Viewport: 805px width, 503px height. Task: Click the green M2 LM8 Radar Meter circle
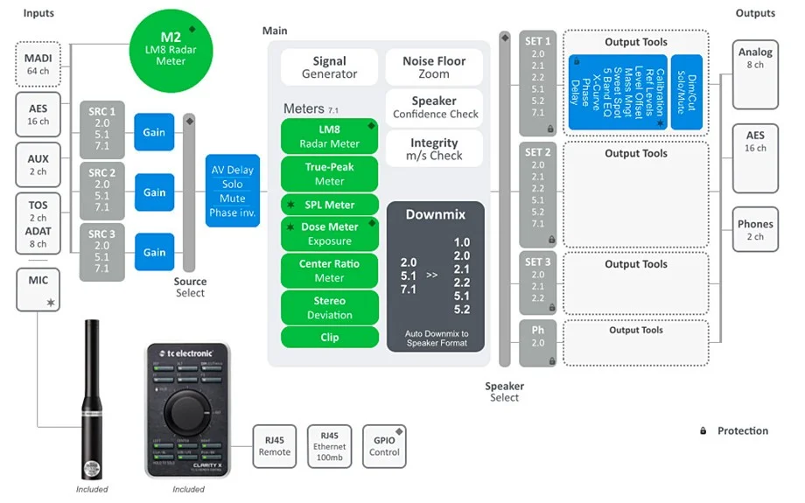pyautogui.click(x=171, y=48)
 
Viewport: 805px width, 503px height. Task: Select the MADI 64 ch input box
pyautogui.click(x=38, y=64)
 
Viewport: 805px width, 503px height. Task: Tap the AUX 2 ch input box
pyautogui.click(x=38, y=165)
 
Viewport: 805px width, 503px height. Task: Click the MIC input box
pyautogui.click(x=38, y=290)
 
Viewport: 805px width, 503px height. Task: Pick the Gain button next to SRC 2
pyautogui.click(x=154, y=192)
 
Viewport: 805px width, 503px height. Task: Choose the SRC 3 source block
pyautogui.click(x=102, y=252)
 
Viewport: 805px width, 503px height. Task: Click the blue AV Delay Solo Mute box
pyautogui.click(x=233, y=191)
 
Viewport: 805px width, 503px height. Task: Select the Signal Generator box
pyautogui.click(x=329, y=67)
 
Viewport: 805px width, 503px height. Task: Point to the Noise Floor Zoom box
pyautogui.click(x=434, y=67)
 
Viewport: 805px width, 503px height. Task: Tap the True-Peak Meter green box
pyautogui.click(x=329, y=174)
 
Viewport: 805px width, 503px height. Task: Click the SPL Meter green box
pyautogui.click(x=329, y=205)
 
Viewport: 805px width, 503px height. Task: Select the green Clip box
pyautogui.click(x=329, y=337)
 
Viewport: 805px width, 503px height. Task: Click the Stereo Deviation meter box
pyautogui.click(x=329, y=308)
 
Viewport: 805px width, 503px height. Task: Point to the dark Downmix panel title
pyautogui.click(x=435, y=214)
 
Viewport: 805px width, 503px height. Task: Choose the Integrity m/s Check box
pyautogui.click(x=434, y=149)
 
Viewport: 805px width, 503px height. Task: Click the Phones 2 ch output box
pyautogui.click(x=755, y=230)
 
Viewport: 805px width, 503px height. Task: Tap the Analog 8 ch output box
pyautogui.click(x=755, y=59)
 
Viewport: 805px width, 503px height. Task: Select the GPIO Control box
pyautogui.click(x=384, y=446)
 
